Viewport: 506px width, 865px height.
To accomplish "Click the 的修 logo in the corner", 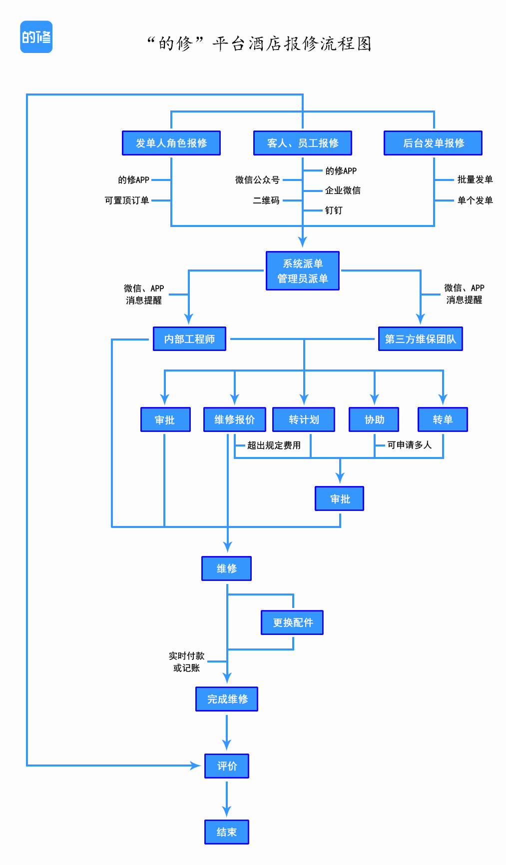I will (36, 37).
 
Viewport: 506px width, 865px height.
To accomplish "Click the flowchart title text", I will (259, 44).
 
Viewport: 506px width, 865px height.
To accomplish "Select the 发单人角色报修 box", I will (171, 143).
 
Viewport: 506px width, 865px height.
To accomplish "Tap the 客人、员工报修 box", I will (303, 143).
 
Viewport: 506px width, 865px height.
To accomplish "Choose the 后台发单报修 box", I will (433, 143).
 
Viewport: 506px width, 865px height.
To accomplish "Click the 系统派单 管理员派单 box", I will (303, 271).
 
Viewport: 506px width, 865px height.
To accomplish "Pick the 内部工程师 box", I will (189, 339).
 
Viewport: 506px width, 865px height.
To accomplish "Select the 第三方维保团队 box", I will (420, 339).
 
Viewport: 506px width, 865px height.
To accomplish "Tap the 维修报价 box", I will (234, 419).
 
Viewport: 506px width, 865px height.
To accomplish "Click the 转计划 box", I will (304, 419).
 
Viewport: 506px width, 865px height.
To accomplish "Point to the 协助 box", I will (374, 419).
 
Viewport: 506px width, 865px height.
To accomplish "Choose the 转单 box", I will (443, 419).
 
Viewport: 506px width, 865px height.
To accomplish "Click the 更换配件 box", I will (292, 622).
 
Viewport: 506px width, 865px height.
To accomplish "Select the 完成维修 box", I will (227, 699).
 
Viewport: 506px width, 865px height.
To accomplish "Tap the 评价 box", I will (227, 766).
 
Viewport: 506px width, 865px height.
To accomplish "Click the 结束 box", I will (227, 832).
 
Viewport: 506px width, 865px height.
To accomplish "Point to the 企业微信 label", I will (343, 190).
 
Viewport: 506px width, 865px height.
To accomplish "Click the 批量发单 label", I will (475, 179).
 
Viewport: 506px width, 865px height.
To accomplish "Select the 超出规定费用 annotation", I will (274, 445).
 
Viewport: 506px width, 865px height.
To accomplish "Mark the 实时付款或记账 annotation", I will (186, 661).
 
